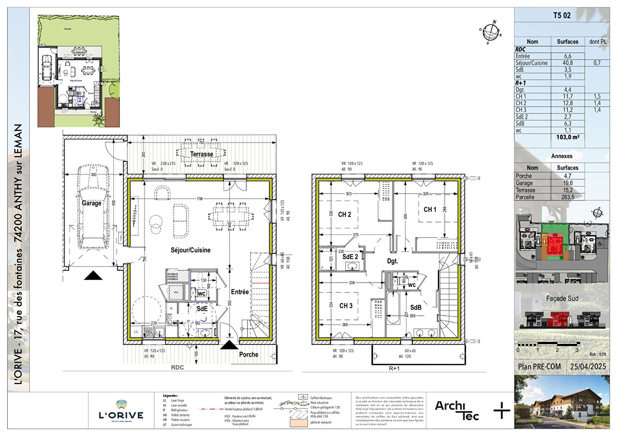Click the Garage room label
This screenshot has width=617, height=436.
click(92, 203)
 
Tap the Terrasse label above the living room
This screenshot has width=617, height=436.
click(201, 154)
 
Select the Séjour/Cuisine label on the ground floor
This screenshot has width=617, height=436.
click(191, 250)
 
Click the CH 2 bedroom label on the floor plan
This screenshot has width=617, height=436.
click(344, 214)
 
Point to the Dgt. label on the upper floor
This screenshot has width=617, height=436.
click(392, 261)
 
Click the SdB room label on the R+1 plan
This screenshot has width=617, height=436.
click(416, 307)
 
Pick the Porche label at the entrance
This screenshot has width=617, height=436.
click(248, 354)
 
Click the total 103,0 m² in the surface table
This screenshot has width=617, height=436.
click(567, 137)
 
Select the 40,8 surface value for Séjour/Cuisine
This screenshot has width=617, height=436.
click(567, 63)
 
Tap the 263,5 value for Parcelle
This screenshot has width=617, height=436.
click(567, 197)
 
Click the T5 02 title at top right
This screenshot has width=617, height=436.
click(562, 16)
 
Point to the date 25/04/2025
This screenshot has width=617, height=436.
click(588, 367)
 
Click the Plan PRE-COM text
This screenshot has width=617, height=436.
click(539, 367)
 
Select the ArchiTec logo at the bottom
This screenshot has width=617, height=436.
click(456, 410)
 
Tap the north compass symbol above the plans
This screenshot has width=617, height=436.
click(491, 31)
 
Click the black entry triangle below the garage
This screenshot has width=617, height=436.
click(93, 275)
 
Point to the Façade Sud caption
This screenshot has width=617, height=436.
click(562, 298)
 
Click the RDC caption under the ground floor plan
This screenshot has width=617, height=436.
click(177, 367)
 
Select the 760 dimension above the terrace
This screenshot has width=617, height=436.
click(201, 143)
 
